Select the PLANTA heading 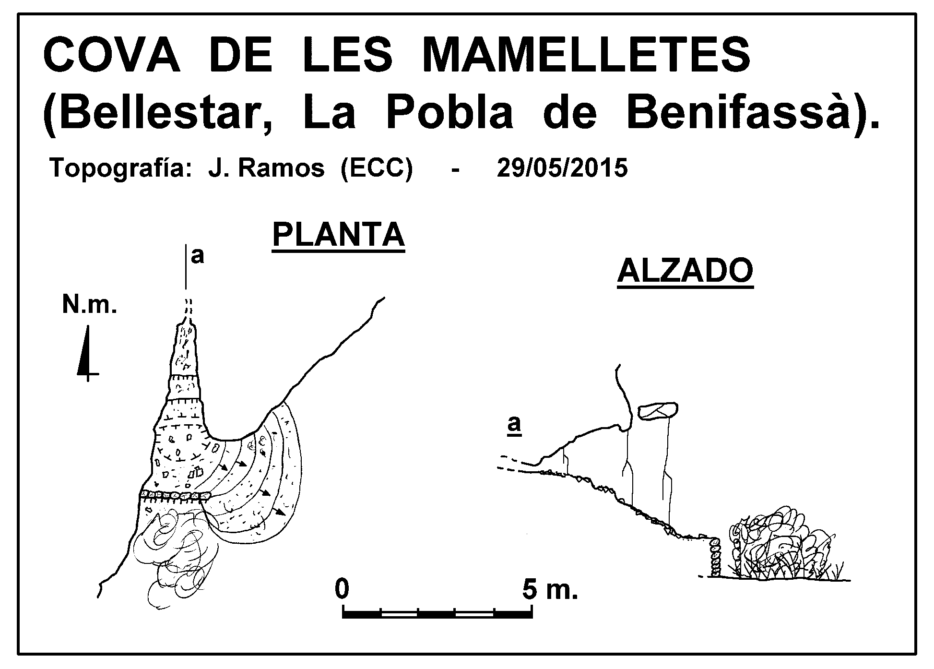[339, 235]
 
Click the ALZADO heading [685, 272]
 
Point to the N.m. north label [90, 305]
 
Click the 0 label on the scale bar [342, 589]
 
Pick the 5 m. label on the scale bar [550, 589]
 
